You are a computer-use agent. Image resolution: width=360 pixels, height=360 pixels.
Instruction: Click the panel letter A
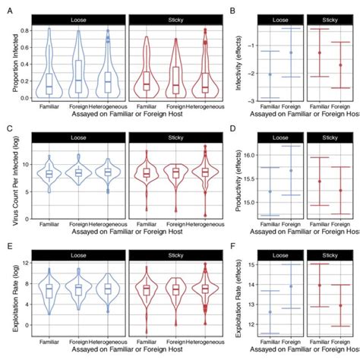[6, 7]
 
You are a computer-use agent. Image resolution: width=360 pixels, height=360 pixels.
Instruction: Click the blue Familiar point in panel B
[270, 74]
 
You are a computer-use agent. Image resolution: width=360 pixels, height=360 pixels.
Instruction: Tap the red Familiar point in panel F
[319, 286]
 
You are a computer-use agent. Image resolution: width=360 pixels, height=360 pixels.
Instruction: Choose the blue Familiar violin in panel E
[49, 290]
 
